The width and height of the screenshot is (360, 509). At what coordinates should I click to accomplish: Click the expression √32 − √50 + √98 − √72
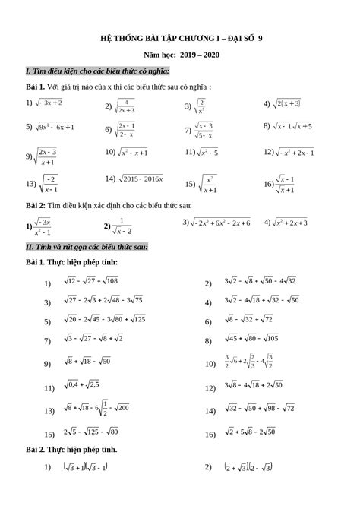coord(259,409)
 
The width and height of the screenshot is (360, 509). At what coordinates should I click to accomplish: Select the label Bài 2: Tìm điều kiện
coord(107,206)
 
